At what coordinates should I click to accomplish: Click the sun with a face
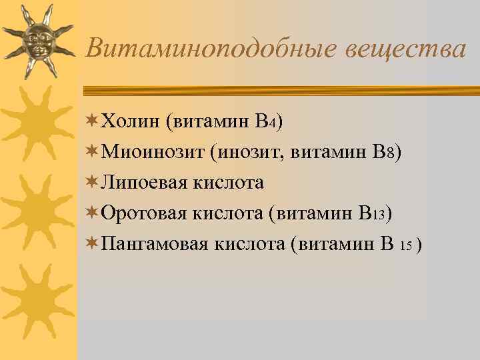39,42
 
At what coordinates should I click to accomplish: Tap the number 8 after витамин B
388,153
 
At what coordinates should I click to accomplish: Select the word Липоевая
142,183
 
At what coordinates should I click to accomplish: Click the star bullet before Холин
92,121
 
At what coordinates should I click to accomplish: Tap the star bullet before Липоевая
92,183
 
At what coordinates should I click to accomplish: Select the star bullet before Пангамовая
92,244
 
